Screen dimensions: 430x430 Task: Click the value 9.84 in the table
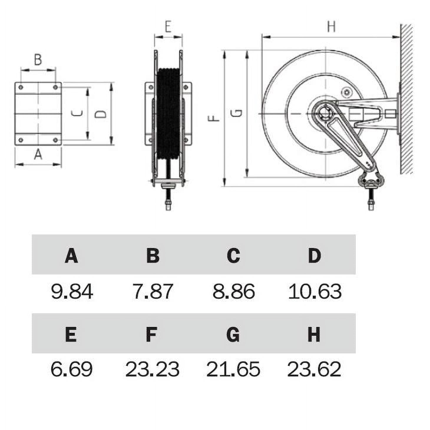coord(72,291)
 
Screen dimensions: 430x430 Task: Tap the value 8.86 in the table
coord(234,291)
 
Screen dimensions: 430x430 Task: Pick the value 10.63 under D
coord(315,291)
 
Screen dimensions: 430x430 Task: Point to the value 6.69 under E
coord(72,369)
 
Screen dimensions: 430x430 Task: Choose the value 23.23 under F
coord(152,369)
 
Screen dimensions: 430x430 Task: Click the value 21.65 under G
coord(233,369)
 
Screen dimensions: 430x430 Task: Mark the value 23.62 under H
coord(314,369)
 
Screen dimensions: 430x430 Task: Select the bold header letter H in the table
coord(314,334)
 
